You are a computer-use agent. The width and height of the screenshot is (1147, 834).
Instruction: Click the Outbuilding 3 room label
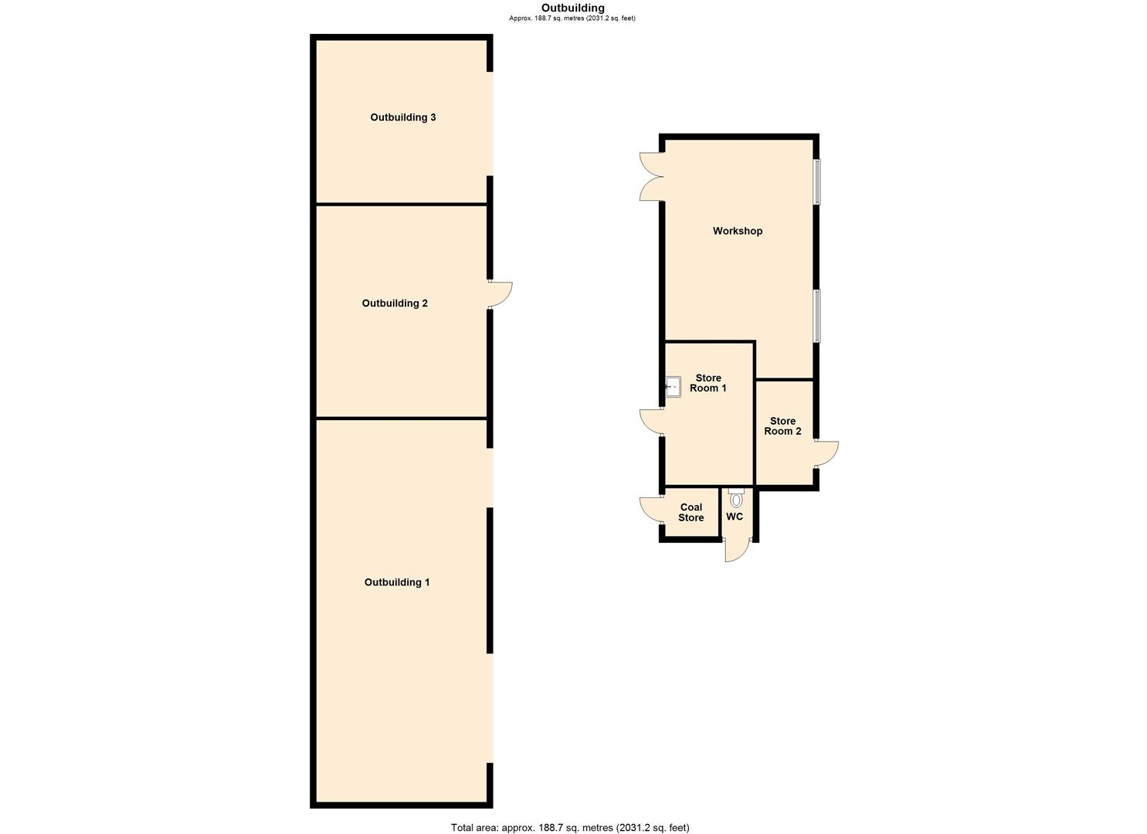(x=402, y=117)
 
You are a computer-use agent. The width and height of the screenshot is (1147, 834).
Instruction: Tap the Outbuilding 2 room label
(x=395, y=303)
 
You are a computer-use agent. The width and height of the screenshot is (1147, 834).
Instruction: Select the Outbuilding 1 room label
(x=397, y=582)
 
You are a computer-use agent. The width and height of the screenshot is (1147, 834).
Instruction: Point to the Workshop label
(x=737, y=231)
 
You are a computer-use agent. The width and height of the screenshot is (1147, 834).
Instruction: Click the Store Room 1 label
(x=708, y=383)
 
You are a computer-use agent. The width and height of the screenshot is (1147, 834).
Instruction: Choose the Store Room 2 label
(x=782, y=426)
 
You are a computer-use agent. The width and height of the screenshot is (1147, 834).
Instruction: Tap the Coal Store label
(x=691, y=513)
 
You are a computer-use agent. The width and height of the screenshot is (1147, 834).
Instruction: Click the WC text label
(x=735, y=517)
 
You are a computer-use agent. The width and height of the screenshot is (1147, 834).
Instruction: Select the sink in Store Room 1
(x=673, y=385)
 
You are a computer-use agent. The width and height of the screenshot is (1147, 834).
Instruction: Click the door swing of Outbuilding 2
(x=500, y=295)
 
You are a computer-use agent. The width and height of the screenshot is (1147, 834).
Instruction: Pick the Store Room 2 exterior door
(x=826, y=453)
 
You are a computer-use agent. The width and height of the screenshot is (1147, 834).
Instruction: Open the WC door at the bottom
(x=737, y=550)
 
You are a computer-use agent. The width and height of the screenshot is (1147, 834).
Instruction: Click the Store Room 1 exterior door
(x=651, y=421)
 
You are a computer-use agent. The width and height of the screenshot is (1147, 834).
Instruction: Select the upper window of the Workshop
(x=817, y=181)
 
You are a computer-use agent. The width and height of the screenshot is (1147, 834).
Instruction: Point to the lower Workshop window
(x=817, y=315)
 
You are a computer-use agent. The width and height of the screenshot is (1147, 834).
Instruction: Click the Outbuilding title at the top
(x=572, y=8)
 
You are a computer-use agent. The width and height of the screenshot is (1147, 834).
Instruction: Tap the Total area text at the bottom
(x=570, y=827)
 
